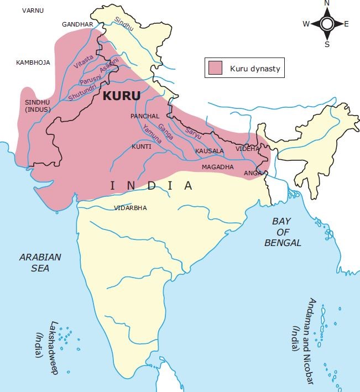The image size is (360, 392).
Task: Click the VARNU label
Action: pyautogui.click(x=33, y=10)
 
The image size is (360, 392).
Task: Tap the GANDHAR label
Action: pyautogui.click(x=78, y=25)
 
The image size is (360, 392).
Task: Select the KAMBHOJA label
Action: pyautogui.click(x=33, y=62)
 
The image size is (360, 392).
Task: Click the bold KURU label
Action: pyautogui.click(x=122, y=95)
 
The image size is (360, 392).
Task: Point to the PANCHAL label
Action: pyautogui.click(x=145, y=116)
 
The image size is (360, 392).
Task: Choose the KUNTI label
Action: pyautogui.click(x=142, y=147)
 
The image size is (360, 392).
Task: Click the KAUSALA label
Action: pyautogui.click(x=210, y=150)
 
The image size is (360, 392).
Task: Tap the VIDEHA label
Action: pyautogui.click(x=247, y=149)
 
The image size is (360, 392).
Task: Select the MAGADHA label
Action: pyautogui.click(x=217, y=166)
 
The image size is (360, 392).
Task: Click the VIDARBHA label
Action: pyautogui.click(x=131, y=208)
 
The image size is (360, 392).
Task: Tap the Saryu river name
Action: pyautogui.click(x=194, y=132)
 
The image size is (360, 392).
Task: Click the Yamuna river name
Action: pyautogui.click(x=151, y=133)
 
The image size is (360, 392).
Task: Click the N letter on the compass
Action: pyautogui.click(x=326, y=4)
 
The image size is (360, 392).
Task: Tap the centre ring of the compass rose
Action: pyautogui.click(x=326, y=24)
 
